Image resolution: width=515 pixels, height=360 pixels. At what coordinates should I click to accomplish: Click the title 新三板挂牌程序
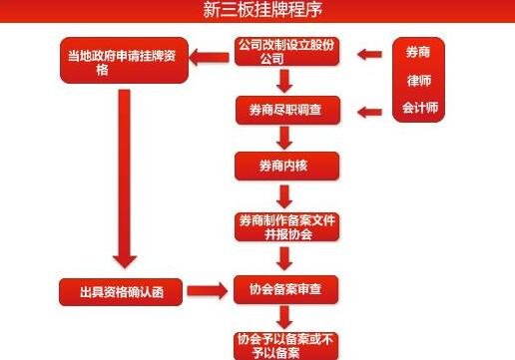coord(257,11)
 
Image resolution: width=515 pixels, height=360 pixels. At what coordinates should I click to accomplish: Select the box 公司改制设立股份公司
coord(285,53)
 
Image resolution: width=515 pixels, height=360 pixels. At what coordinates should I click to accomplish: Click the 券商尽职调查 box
coord(285,109)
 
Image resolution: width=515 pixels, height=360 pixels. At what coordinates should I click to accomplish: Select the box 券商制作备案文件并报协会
coord(285,226)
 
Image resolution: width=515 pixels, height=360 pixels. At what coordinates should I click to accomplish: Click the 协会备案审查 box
coord(285,290)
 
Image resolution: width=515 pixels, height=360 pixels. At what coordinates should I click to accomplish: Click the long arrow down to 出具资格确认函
coord(124,180)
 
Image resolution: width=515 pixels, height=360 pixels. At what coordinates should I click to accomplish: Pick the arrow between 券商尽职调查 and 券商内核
coord(285,136)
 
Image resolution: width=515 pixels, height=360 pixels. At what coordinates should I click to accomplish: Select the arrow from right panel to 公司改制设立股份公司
coord(369,52)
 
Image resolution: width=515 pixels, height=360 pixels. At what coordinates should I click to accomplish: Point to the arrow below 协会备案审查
coord(285,318)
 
